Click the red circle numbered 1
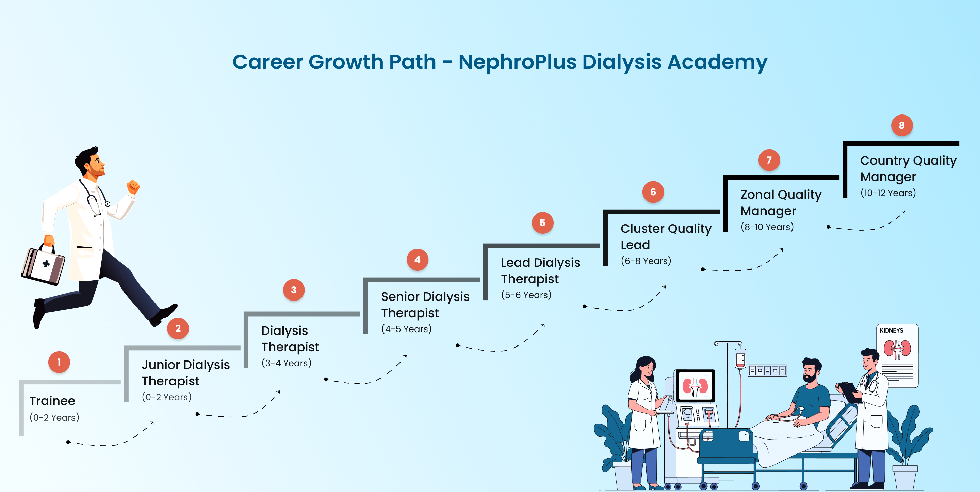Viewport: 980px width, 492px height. [x=59, y=362]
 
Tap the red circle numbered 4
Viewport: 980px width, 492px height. [x=417, y=260]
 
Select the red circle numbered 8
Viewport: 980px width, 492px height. [x=902, y=125]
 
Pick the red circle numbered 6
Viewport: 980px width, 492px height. [x=653, y=192]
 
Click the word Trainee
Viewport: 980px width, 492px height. [x=52, y=401]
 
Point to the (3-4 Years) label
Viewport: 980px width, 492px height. [x=287, y=363]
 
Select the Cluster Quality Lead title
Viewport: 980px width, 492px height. [x=666, y=236]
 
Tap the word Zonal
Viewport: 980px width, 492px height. [x=756, y=195]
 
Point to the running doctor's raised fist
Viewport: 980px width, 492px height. [x=133, y=187]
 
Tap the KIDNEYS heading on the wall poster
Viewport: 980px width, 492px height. [x=892, y=330]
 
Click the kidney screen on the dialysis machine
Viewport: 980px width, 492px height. [x=695, y=385]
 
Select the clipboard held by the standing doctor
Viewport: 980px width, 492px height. [x=850, y=392]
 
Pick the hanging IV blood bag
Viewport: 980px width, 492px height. [x=740, y=359]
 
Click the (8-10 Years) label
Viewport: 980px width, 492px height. [x=767, y=227]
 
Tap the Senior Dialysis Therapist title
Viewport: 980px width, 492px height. [x=425, y=305]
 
